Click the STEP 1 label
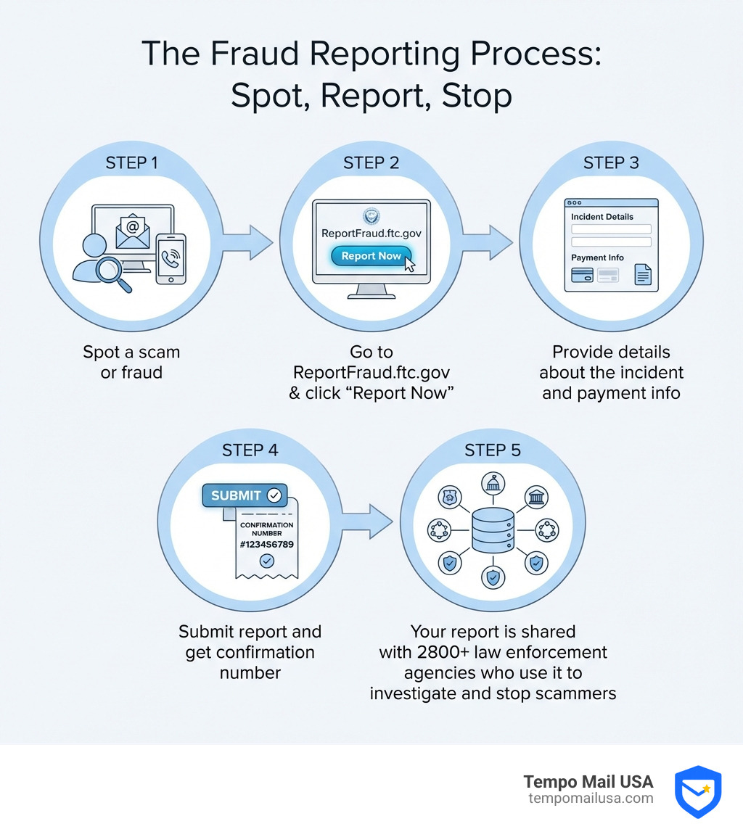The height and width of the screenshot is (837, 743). tap(131, 162)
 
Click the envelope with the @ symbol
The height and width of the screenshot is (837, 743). tap(132, 230)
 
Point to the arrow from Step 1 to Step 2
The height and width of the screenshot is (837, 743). tap(246, 242)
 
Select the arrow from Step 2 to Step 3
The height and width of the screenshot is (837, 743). tap(487, 242)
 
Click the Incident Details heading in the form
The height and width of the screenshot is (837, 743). tap(602, 216)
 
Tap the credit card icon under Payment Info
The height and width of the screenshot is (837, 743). tap(583, 275)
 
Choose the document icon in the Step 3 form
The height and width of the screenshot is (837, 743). tap(643, 274)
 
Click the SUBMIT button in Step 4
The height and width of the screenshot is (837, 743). tap(245, 495)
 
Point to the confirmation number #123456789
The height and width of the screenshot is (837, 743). tap(266, 544)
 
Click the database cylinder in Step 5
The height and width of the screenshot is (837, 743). tap(493, 529)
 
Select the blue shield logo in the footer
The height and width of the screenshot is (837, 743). tap(697, 791)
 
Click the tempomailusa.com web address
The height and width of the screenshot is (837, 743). tap(591, 798)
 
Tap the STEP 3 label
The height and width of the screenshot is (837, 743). tap(611, 162)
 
